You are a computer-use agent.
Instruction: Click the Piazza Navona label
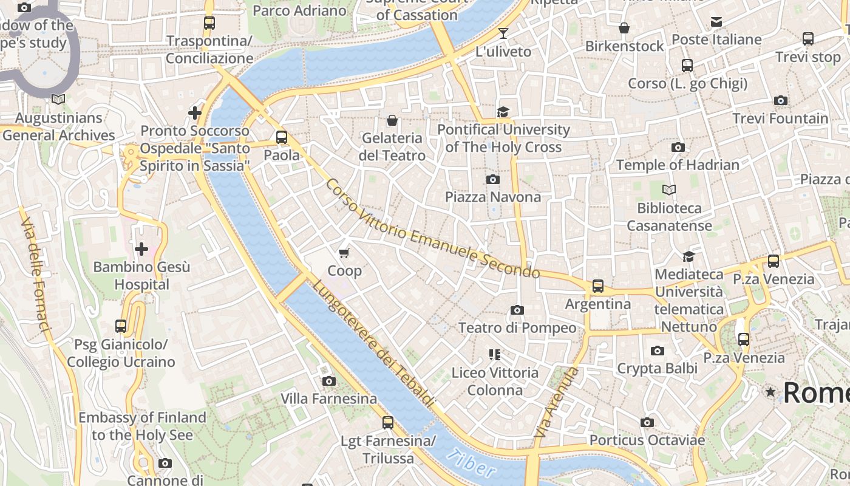[x=492, y=197]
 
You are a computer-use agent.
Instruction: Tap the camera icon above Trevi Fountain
[x=780, y=100]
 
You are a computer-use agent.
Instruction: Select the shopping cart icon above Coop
[x=344, y=253]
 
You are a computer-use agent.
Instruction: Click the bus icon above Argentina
[x=598, y=286]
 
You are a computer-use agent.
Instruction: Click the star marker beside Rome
[x=770, y=392]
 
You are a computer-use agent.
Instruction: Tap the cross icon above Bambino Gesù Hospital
[x=141, y=248]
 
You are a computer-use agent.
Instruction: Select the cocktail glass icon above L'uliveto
[x=503, y=33]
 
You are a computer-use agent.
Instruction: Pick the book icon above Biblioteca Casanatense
[x=668, y=190]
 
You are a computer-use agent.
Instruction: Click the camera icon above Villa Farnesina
[x=329, y=381]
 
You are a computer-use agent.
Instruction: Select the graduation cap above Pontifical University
[x=503, y=112]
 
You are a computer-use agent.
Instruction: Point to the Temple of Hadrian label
[x=678, y=165]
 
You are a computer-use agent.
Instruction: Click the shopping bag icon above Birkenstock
[x=624, y=28]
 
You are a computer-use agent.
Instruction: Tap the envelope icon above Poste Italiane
[x=716, y=22]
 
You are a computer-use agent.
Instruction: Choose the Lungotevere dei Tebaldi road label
[x=374, y=343]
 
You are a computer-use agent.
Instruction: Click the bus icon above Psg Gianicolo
[x=121, y=326]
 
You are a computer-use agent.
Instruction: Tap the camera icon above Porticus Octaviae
[x=647, y=422]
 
